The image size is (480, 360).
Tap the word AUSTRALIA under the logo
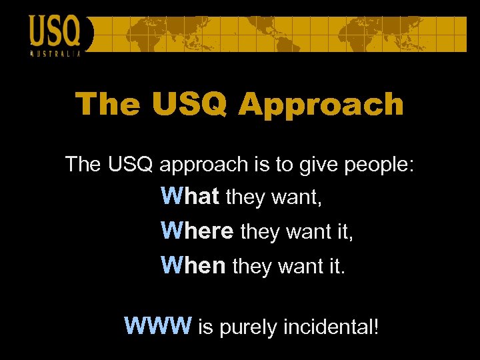click(56, 53)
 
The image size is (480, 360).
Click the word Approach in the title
click(321, 105)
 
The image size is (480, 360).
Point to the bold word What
click(190, 197)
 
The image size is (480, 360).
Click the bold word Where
click(197, 231)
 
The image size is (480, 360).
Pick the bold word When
click(193, 266)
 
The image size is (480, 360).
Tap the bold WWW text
click(159, 327)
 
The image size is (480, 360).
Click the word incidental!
click(331, 327)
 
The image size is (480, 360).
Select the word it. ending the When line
click(337, 266)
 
